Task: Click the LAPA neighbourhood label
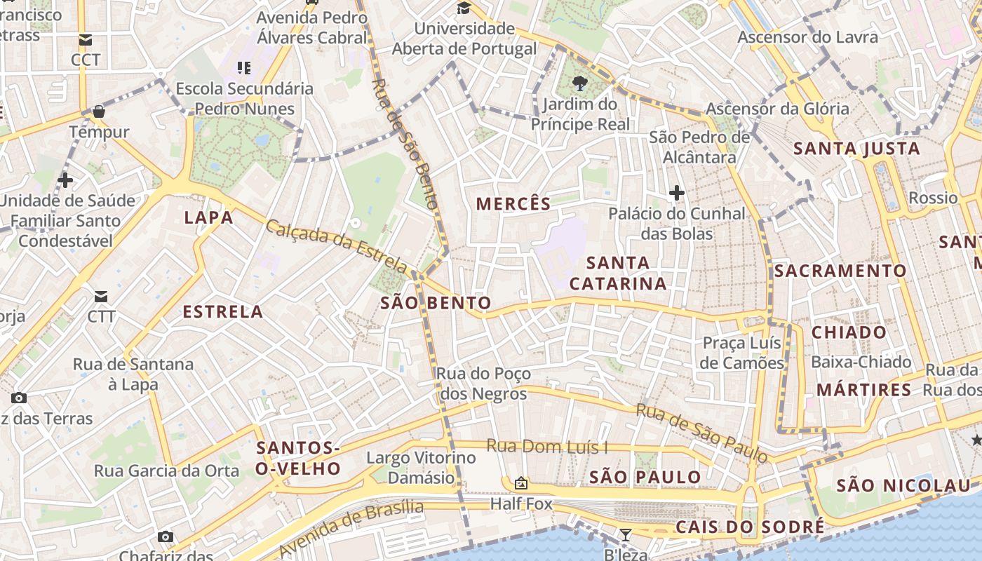coord(208,217)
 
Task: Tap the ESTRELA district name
coord(223,312)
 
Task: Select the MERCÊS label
coord(513,204)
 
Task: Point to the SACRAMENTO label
coord(840,271)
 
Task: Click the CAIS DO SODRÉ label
coord(750,527)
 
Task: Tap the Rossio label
coord(933,198)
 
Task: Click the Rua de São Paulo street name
coord(701,433)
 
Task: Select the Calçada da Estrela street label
coord(337,247)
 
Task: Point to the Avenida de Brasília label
coord(351,527)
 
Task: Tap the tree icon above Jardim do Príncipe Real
coord(579,84)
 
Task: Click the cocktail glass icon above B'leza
coord(625,535)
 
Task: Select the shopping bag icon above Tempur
coord(99,111)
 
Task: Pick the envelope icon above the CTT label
coord(101,297)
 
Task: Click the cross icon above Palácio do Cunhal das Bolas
coord(676,192)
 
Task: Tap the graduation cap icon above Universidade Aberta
coord(464,8)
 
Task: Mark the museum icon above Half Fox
coord(520,483)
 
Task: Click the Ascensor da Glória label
coord(777,109)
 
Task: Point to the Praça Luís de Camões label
coord(742,353)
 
